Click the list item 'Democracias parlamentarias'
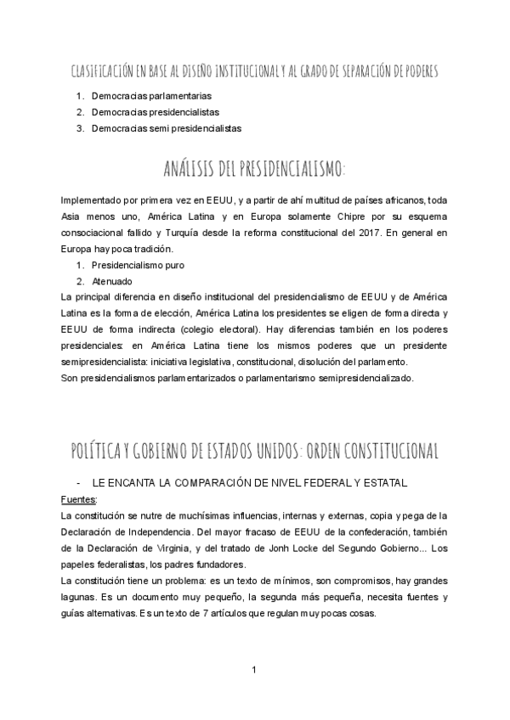pos(151,96)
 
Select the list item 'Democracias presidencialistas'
pos(156,112)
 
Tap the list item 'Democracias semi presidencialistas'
pos(167,128)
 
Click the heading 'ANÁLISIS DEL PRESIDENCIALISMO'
pos(254,170)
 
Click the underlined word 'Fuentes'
pos(79,499)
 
